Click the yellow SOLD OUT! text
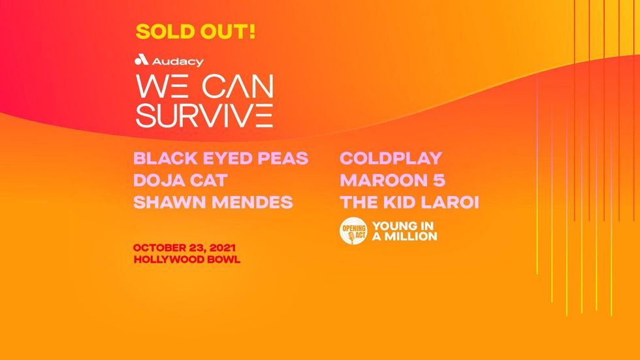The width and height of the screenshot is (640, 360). point(195,32)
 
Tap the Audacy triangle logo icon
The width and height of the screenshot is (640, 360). point(141,61)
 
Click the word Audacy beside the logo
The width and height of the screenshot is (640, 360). point(177,62)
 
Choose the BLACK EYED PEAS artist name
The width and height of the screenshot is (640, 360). point(221,159)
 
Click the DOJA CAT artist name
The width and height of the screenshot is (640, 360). point(180,181)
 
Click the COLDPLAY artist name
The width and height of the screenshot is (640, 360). point(391,159)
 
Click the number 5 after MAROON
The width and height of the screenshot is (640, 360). point(438,181)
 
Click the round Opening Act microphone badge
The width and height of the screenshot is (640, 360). point(353,231)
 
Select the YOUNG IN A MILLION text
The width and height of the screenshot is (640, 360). point(404,231)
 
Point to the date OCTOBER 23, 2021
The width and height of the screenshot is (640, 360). point(184,248)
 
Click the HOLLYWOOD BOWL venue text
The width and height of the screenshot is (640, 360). point(187,259)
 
